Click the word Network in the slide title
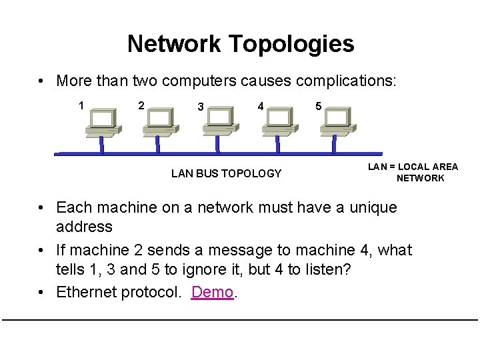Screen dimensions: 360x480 pyautogui.click(x=174, y=44)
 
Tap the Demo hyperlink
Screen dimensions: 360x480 pyautogui.click(x=212, y=292)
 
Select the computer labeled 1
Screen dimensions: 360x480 pyautogui.click(x=101, y=123)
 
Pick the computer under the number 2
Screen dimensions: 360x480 pyautogui.click(x=158, y=123)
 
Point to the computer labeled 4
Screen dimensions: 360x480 pyautogui.click(x=277, y=123)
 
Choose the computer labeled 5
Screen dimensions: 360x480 pyautogui.click(x=334, y=123)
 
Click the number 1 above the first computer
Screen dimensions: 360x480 pyautogui.click(x=81, y=105)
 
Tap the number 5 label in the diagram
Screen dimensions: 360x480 pyautogui.click(x=319, y=106)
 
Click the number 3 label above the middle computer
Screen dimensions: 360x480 pyautogui.click(x=199, y=107)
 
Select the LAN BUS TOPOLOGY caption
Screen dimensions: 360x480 pyautogui.click(x=226, y=174)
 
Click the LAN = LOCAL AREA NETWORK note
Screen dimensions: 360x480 pyautogui.click(x=413, y=172)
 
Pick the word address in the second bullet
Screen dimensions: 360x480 pyautogui.click(x=84, y=227)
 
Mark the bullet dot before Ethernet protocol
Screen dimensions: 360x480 pyautogui.click(x=42, y=293)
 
